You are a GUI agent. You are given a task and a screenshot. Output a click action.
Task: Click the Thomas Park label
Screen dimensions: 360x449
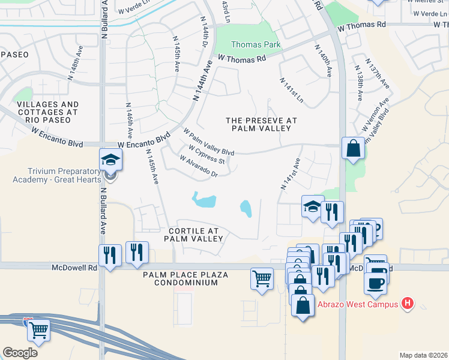point(256,44)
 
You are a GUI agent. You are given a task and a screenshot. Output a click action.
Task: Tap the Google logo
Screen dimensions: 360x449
point(20,352)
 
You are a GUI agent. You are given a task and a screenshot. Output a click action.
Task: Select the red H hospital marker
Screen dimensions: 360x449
point(408,304)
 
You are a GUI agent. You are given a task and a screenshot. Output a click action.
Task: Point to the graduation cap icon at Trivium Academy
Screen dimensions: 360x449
point(111,160)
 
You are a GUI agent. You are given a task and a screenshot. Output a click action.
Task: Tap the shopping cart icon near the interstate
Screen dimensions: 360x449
point(38,329)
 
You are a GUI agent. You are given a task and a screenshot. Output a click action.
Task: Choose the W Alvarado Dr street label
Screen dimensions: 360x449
point(197,166)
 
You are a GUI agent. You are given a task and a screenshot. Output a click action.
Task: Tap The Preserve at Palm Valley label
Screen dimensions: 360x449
point(261,124)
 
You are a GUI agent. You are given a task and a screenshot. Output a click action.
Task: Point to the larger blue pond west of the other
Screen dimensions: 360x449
point(204,199)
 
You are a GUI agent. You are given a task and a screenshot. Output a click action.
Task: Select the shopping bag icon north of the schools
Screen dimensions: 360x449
point(353,148)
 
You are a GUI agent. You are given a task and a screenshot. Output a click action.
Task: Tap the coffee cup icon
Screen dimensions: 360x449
point(375,283)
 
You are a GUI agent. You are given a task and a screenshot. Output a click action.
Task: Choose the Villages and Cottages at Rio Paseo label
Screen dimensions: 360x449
point(47,112)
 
